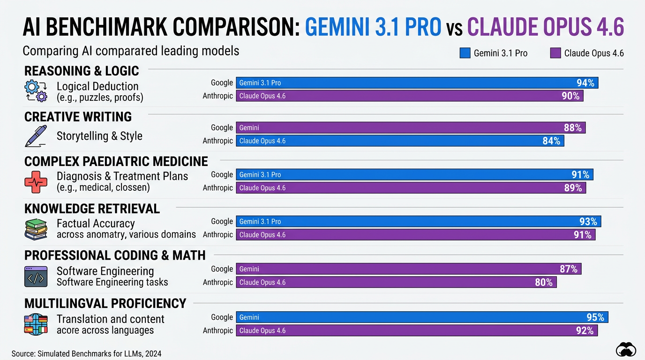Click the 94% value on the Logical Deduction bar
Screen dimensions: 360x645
tap(585, 83)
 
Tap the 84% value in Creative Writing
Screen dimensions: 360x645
tap(551, 141)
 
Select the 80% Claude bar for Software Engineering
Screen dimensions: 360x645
tap(396, 282)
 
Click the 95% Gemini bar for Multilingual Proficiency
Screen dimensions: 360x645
tap(422, 317)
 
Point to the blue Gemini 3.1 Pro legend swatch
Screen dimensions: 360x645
tap(465, 53)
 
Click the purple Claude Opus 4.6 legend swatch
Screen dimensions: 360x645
tap(555, 53)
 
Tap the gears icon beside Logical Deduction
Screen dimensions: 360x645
tap(36, 91)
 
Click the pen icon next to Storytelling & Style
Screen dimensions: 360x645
tap(36, 136)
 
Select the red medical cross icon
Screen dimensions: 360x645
tap(36, 182)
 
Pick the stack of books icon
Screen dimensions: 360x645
tap(36, 229)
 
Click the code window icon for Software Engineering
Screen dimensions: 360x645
tap(36, 277)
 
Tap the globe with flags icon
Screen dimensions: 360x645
tap(36, 324)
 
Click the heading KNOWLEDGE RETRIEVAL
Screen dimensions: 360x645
tap(92, 209)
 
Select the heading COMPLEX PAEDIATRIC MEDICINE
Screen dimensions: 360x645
tap(116, 161)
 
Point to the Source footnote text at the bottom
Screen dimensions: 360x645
tap(86, 353)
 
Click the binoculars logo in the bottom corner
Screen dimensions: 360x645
tap(625, 350)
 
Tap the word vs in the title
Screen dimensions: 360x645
tap(454, 28)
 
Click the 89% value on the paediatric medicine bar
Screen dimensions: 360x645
tap(573, 188)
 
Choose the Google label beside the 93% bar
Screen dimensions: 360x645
tap(222, 221)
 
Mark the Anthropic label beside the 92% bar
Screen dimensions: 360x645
tap(217, 330)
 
